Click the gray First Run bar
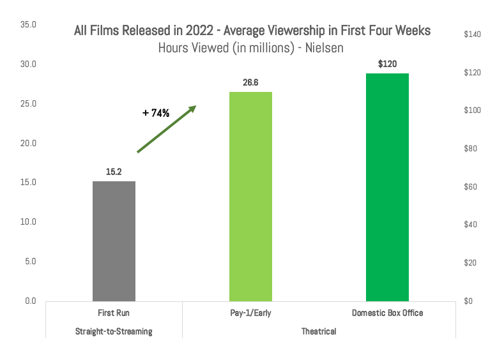pos(114,241)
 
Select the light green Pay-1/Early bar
pos(250,196)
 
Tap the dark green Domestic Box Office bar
pos(387,187)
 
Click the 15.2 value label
pos(114,172)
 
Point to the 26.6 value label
pos(250,82)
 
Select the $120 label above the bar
pos(387,64)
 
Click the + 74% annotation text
pos(156,113)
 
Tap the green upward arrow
pos(166,129)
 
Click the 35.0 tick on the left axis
pos(29,25)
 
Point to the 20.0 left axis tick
pos(29,143)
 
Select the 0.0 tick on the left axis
pos(31,301)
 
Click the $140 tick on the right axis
pos(472,34)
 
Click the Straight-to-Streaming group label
pos(114,332)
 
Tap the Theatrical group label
pos(319,332)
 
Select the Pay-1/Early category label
pos(250,313)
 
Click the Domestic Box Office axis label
pos(387,313)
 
